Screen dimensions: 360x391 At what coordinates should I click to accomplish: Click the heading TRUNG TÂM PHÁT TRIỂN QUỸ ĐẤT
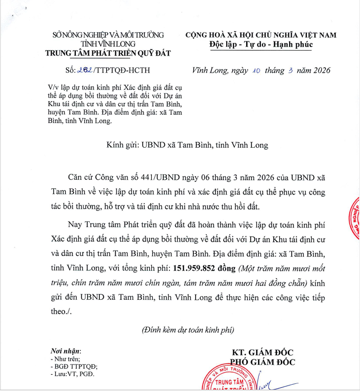tap(108, 53)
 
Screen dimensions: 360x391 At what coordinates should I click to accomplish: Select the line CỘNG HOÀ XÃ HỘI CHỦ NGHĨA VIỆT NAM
tap(262, 35)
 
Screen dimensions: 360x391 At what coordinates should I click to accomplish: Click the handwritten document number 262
tap(84, 71)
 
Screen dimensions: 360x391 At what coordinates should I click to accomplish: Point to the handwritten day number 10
tap(255, 70)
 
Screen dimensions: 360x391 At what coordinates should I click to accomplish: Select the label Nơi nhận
tap(65, 351)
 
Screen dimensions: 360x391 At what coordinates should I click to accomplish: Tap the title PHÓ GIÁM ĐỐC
tap(263, 362)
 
